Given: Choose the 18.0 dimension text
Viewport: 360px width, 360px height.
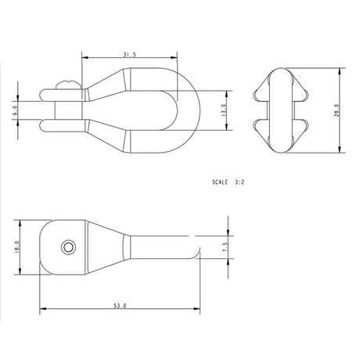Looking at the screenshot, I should [16, 247].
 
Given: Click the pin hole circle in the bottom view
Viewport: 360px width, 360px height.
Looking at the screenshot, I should [70, 247].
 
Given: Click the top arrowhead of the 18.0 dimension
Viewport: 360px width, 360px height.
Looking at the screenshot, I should [19, 225].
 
